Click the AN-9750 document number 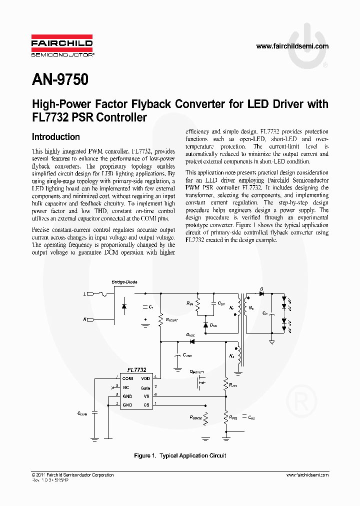click(60, 79)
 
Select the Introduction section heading click(55, 136)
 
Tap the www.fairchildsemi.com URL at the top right click(292, 46)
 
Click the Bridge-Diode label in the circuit click(124, 282)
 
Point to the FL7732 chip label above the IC click(136, 370)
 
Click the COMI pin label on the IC click(128, 379)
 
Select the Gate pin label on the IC click(145, 387)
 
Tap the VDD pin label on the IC click(145, 379)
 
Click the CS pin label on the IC click(146, 404)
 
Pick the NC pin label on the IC click(125, 387)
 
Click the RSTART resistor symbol click(160, 319)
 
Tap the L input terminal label click(84, 295)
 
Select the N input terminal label click(84, 319)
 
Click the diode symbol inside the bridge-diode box click(124, 305)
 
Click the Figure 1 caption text click(180, 455)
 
